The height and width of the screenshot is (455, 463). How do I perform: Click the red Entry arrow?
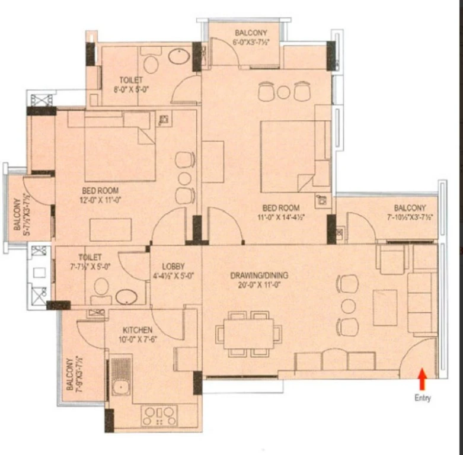point(423,379)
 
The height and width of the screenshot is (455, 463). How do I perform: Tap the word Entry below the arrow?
point(423,398)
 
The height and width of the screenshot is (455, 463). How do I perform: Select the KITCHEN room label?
point(138,330)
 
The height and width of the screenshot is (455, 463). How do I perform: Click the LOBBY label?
point(173,267)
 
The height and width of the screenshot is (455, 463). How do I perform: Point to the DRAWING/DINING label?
point(259,275)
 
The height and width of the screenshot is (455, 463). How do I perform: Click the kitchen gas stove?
point(159,416)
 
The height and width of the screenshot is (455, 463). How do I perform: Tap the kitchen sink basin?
point(120,387)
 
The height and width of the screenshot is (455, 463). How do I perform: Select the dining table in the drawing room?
point(248,334)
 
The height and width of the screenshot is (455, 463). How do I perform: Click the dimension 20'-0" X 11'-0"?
point(259,285)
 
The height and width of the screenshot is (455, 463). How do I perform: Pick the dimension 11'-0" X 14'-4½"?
point(281,217)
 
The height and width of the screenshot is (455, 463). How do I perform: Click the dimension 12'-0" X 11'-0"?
point(100,200)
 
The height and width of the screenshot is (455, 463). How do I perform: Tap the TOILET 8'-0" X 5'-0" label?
point(131,85)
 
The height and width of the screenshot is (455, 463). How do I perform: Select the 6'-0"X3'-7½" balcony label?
point(251,42)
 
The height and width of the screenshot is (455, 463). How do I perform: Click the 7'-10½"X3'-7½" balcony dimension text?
point(410,217)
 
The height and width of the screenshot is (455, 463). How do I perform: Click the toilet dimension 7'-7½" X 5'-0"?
point(90,267)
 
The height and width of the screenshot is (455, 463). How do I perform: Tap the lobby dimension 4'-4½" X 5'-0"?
point(173,276)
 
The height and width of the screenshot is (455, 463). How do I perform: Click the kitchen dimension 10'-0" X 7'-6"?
point(138,339)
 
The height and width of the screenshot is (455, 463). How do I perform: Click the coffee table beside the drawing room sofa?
point(385,307)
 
